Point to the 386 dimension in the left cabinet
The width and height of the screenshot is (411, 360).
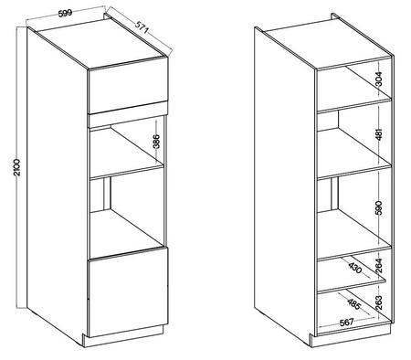(155, 143)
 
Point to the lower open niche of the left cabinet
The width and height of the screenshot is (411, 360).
(128, 215)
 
